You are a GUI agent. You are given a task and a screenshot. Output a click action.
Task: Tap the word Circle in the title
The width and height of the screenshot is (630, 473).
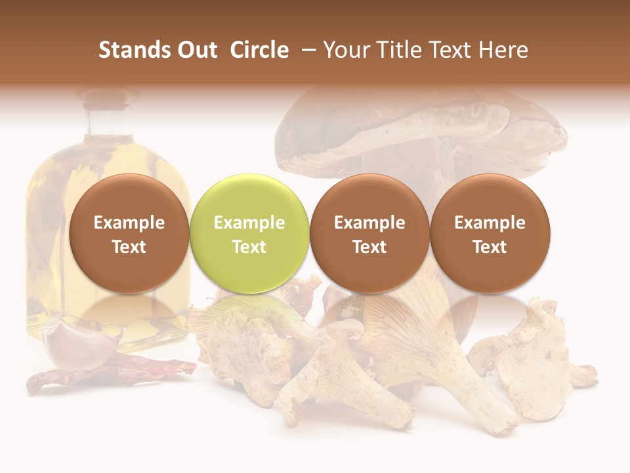259,50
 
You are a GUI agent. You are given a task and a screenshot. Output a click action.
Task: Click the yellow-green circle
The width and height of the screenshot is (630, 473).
249,234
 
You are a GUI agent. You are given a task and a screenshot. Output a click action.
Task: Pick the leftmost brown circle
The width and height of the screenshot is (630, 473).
129,234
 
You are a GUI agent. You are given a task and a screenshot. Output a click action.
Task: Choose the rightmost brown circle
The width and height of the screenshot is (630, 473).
490,234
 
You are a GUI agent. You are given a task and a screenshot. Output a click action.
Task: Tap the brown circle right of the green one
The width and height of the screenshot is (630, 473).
369,234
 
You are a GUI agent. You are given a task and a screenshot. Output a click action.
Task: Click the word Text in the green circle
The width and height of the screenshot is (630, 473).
249,247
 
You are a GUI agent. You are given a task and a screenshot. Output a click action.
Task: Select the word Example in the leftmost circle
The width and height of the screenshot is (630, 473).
129,223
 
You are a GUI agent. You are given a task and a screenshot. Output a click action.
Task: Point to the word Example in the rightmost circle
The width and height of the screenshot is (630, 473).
490,223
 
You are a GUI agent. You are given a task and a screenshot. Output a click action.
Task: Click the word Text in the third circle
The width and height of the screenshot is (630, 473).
369,247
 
